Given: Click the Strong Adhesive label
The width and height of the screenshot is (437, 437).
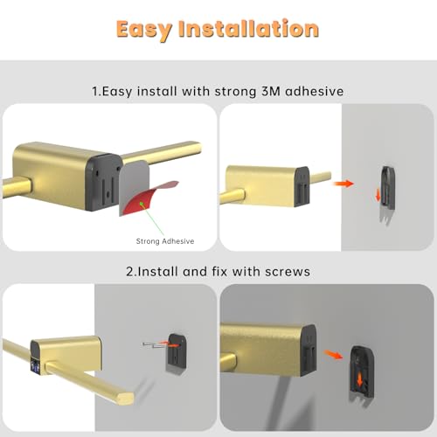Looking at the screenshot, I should tap(164, 241).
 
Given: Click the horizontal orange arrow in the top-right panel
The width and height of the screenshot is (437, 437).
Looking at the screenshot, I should tap(346, 184).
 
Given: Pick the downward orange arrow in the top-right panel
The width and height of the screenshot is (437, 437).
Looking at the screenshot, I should tap(378, 194).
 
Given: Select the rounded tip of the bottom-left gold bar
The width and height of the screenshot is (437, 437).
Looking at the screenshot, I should tap(128, 396).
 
